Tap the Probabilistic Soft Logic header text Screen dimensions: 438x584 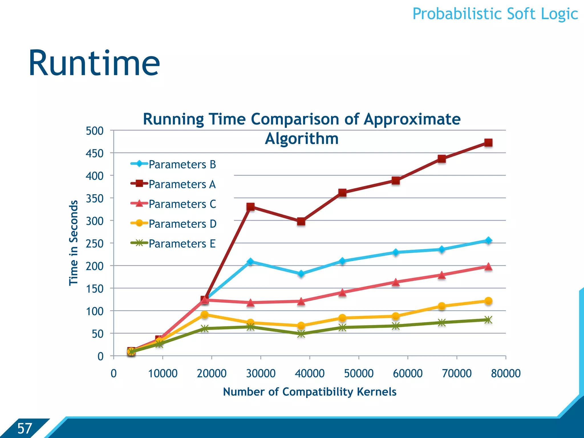(x=495, y=14)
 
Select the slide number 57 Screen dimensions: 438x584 (x=25, y=428)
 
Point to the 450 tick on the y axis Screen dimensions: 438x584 (x=95, y=153)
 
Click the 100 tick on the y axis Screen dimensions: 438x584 (x=95, y=311)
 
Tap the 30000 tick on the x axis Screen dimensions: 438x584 (x=261, y=373)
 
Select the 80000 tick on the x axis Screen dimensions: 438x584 (x=506, y=373)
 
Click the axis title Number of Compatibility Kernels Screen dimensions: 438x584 (x=310, y=392)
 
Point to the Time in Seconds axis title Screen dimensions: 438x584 (x=74, y=243)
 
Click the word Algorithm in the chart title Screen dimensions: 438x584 (x=302, y=139)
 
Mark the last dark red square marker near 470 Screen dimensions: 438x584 (x=488, y=143)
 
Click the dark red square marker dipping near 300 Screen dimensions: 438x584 (x=301, y=221)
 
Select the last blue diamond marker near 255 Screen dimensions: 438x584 (x=488, y=240)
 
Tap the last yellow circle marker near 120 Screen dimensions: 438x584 (x=488, y=301)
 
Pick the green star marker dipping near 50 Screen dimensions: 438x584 (x=301, y=334)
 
